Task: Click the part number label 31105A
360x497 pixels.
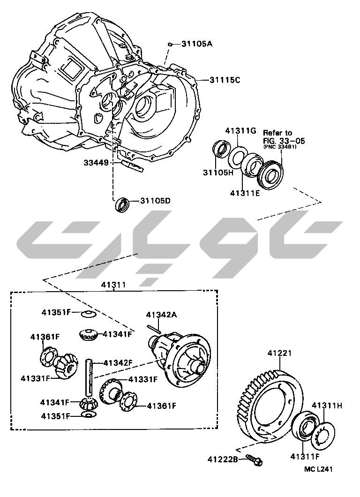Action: [x=197, y=44]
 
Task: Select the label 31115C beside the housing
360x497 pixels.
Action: [x=225, y=80]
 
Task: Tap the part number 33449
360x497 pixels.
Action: [x=96, y=163]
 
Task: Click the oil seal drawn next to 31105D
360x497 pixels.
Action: [x=122, y=204]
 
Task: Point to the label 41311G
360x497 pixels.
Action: [x=240, y=130]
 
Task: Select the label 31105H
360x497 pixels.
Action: [x=218, y=172]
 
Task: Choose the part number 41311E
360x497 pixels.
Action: [x=245, y=192]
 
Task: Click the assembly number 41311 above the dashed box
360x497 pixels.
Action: [x=113, y=285]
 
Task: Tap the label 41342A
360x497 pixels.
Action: [x=161, y=315]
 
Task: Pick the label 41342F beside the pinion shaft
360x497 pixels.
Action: [x=118, y=362]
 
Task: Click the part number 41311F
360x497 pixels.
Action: [x=305, y=455]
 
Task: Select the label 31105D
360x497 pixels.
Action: [x=155, y=201]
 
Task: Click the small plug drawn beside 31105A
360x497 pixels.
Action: [x=170, y=44]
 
